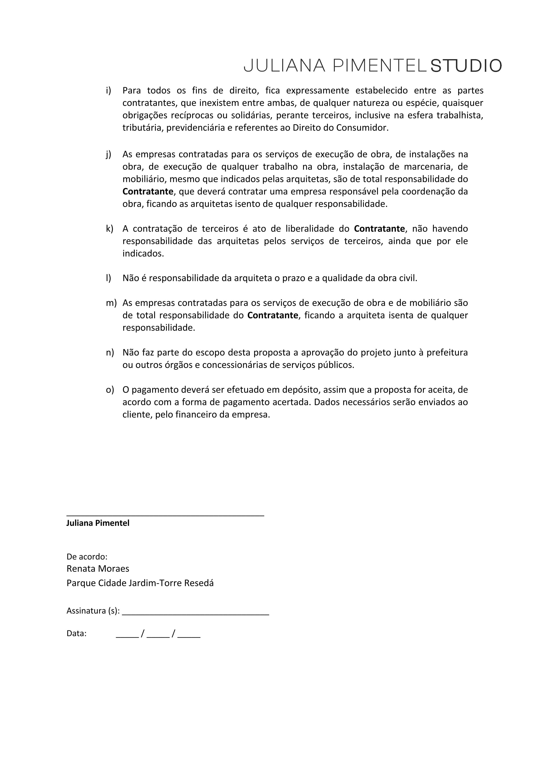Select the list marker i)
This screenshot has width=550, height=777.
coord(108,90)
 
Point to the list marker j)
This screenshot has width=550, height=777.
coord(108,154)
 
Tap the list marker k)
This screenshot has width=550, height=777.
coord(109,229)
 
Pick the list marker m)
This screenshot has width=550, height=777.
coord(111,303)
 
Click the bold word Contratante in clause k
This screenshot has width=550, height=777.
coord(379,229)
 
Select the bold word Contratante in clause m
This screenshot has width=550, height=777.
coord(273,315)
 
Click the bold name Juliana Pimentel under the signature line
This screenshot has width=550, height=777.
coord(98,523)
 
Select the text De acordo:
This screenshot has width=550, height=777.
coord(87,557)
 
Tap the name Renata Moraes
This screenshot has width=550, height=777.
coord(98,569)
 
